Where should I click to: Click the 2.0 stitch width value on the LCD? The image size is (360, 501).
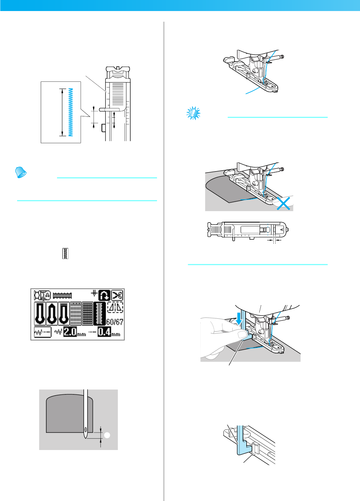70,332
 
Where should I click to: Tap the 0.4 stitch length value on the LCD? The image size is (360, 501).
104,332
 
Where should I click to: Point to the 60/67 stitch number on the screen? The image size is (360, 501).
114,322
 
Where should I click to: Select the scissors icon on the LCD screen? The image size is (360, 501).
117,295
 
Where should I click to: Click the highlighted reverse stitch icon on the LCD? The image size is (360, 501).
105,295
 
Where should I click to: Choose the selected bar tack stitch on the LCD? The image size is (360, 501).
100,314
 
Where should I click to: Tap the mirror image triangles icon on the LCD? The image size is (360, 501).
115,307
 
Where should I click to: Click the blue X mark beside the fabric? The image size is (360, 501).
282,203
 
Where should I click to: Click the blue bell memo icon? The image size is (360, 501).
21,173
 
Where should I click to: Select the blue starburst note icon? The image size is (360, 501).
193,113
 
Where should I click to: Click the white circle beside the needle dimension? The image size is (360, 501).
107,435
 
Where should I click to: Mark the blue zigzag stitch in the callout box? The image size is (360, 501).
71,112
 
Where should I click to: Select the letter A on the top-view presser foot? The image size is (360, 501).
281,230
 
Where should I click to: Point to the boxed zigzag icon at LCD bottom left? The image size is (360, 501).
43,332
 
